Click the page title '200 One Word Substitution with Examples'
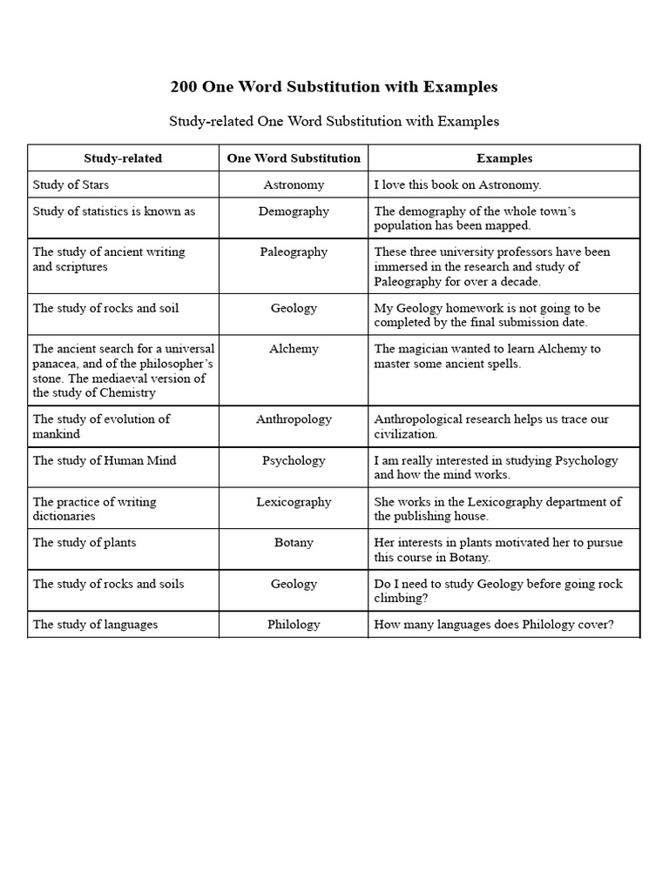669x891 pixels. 334,87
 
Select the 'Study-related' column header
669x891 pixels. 123,158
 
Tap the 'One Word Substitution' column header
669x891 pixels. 294,158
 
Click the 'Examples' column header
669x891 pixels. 504,158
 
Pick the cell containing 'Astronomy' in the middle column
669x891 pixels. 294,184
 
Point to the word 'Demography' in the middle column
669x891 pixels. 294,211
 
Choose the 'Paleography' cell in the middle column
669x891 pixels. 294,251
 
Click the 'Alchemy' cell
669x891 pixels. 294,348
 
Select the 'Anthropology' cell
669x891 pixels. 294,419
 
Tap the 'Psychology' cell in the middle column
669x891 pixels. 294,460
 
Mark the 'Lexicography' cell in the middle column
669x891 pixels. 294,501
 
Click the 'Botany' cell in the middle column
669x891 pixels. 294,542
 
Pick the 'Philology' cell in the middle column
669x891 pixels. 294,624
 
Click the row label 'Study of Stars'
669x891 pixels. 71,184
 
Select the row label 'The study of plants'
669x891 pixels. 84,542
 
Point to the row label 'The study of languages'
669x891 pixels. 95,624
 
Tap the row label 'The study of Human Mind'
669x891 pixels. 105,460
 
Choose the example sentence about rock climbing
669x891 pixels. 498,591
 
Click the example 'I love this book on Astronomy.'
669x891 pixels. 457,184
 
